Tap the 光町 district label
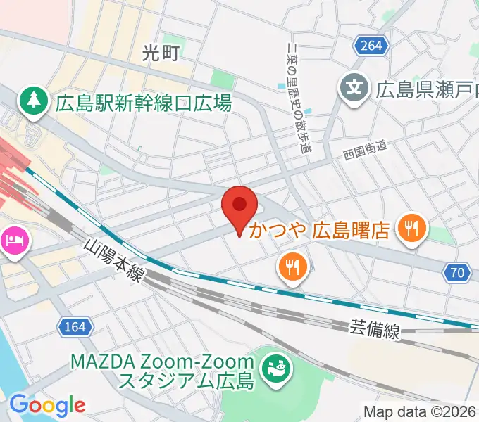[161, 51]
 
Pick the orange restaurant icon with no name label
[292, 267]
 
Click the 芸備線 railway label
[375, 328]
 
